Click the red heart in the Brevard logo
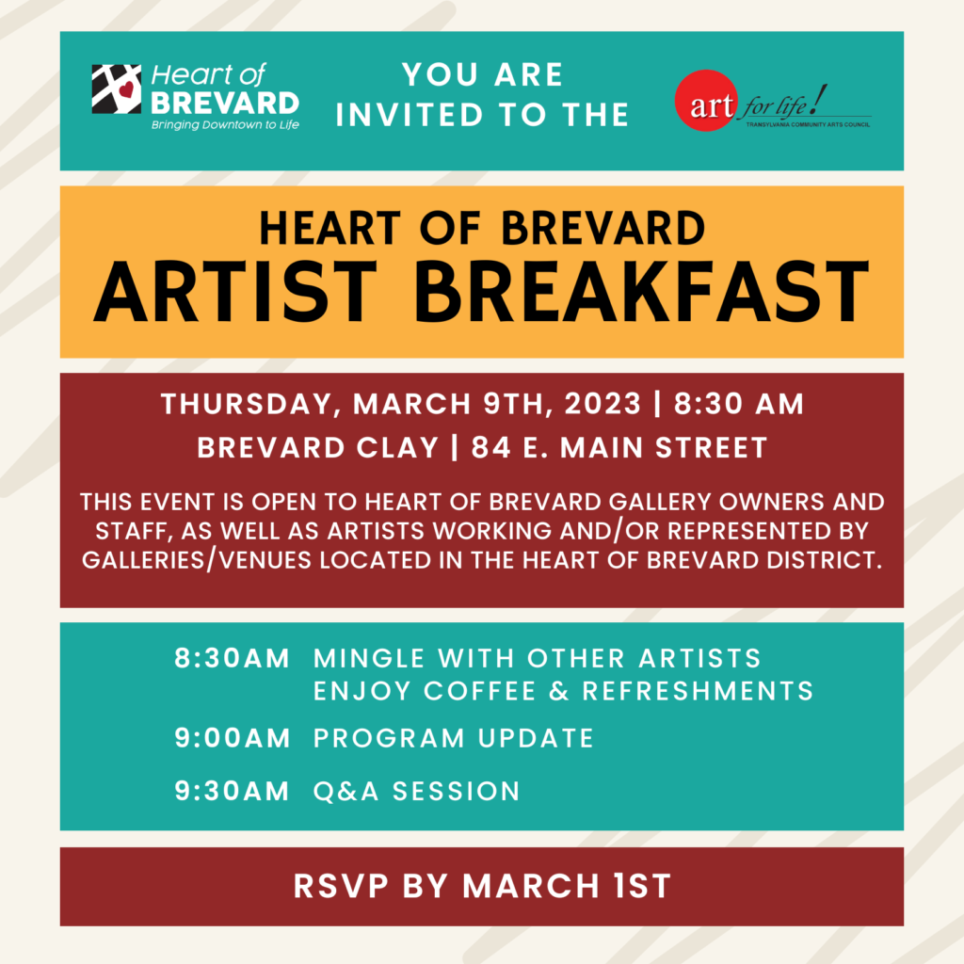click(126, 89)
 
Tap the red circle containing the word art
click(706, 100)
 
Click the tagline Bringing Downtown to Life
click(225, 125)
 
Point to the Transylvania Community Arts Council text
click(808, 124)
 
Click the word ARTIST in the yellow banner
click(234, 292)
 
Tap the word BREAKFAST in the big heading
click(642, 292)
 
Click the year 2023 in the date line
click(602, 404)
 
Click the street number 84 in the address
click(490, 447)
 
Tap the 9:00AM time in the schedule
click(232, 738)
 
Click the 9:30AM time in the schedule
click(232, 791)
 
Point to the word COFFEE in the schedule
click(479, 691)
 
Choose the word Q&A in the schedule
click(346, 791)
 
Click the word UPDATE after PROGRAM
click(536, 738)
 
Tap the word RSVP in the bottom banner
click(341, 887)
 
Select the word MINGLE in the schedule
click(368, 658)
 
